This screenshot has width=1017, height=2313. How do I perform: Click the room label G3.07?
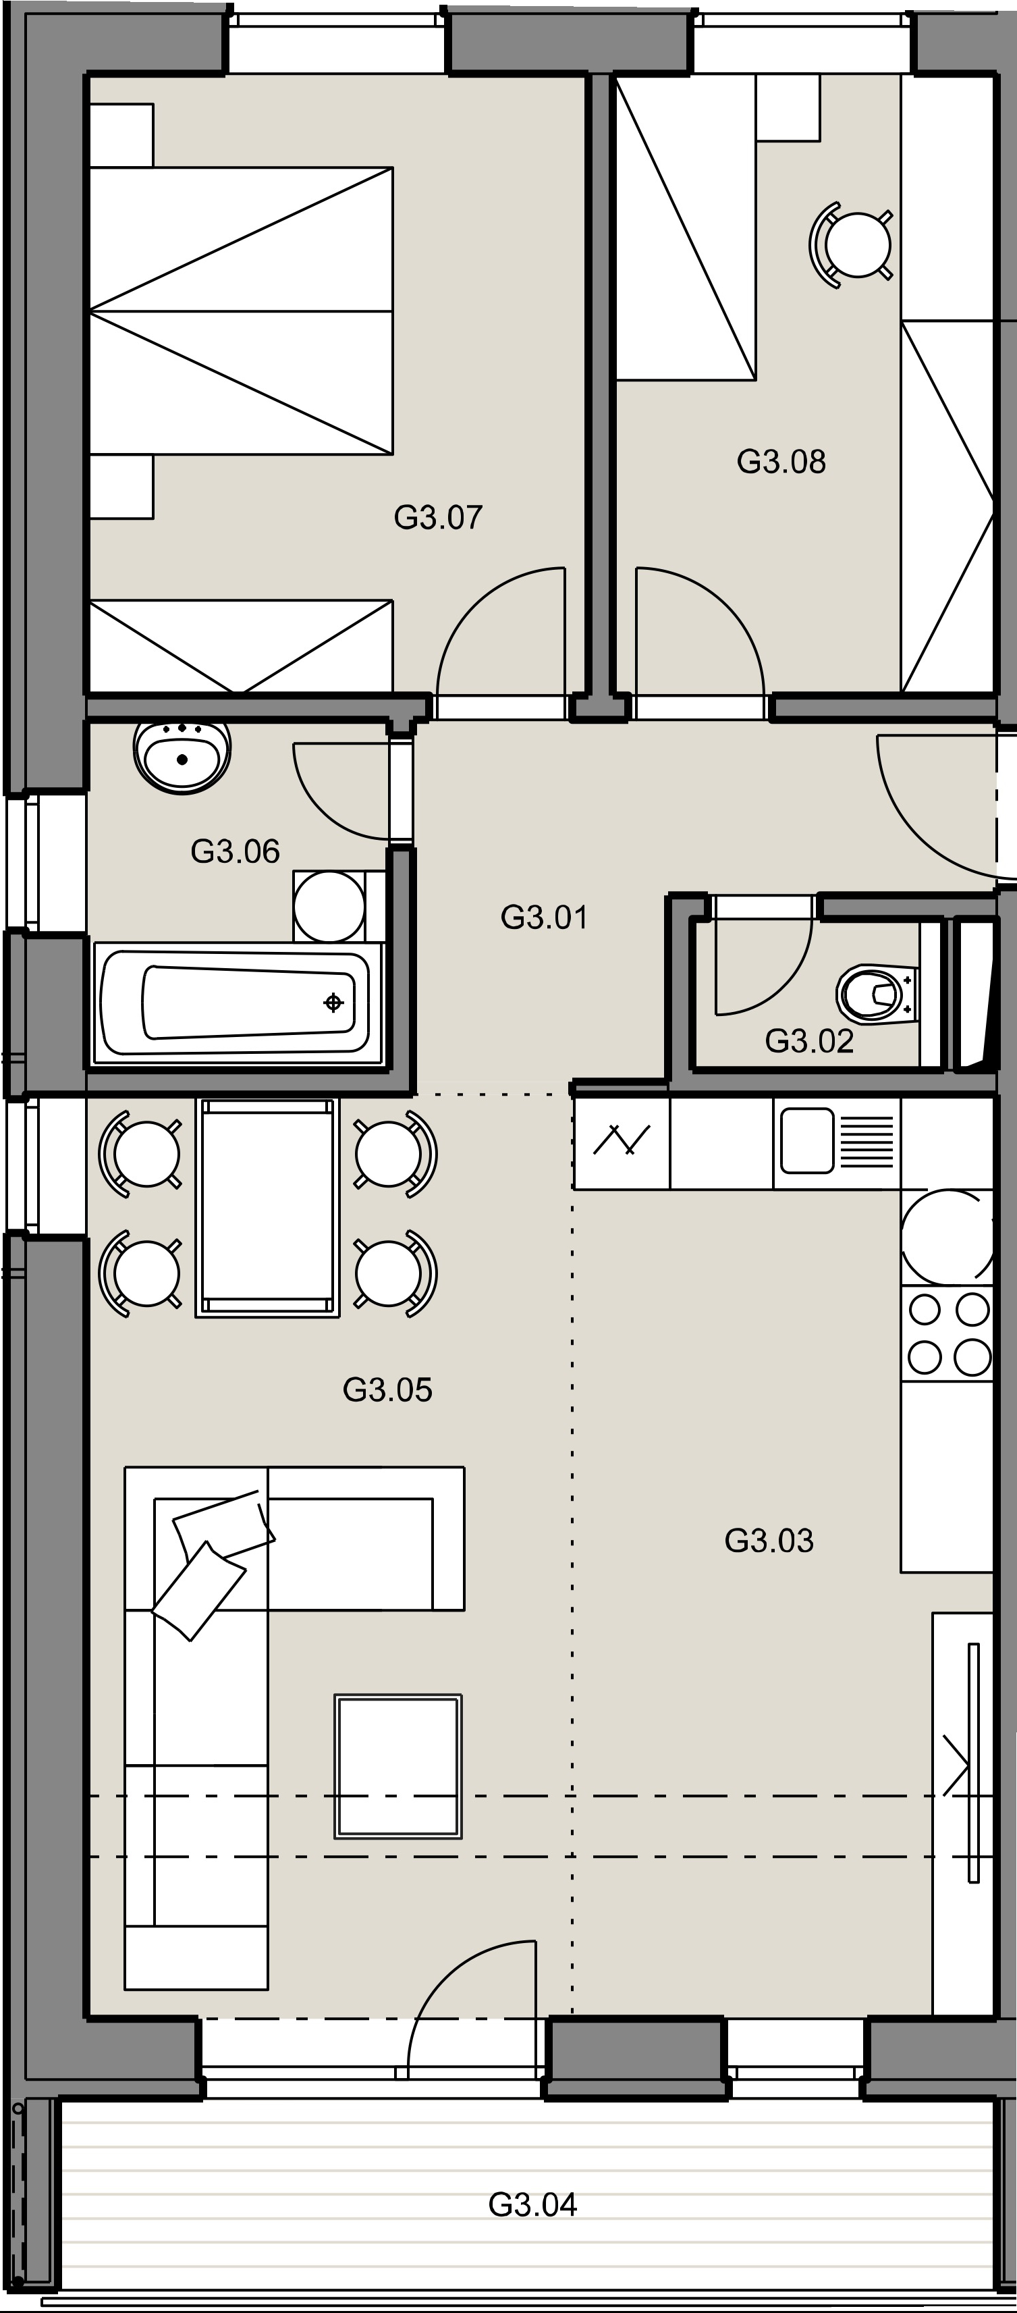coord(438,517)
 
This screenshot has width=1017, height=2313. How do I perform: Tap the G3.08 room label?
coord(781,462)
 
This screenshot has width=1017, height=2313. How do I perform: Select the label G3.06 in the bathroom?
coord(235,851)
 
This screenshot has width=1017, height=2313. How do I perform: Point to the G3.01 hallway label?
coord(544,918)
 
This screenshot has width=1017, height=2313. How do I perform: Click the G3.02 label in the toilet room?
coord(808,1040)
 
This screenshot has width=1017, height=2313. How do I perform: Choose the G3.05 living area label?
coord(388,1390)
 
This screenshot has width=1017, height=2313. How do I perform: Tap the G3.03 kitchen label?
coord(769,1541)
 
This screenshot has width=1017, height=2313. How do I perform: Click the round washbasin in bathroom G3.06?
coord(182,756)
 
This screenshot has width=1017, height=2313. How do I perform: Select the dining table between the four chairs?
coord(267,1208)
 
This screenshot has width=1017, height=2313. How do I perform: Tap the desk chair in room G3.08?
coord(853,244)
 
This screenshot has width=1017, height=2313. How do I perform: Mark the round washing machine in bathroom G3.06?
coord(329,906)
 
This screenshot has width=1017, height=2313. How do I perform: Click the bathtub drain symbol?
coord(333,1002)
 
